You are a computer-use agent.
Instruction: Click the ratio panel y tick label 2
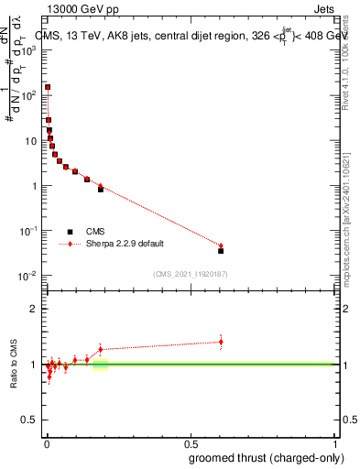coord(33,309)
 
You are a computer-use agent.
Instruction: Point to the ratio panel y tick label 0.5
coord(29,420)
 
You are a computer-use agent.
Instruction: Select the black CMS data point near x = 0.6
coord(221,250)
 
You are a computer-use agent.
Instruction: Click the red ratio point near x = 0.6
coord(221,342)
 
